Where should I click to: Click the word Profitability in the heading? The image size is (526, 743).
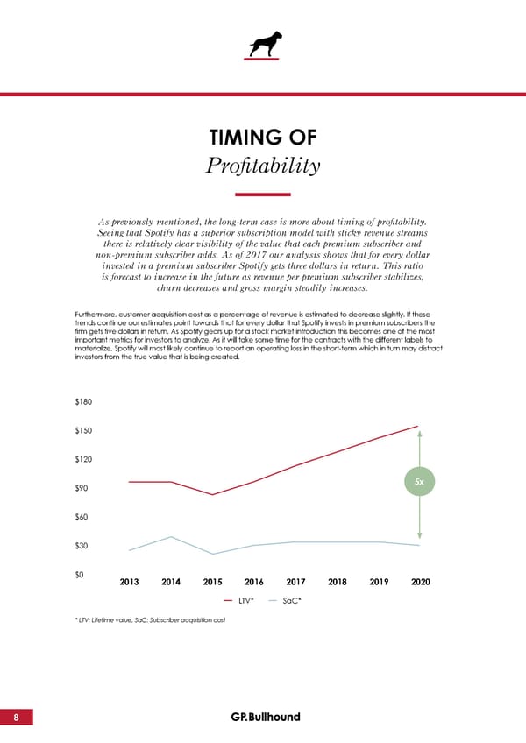tap(263, 166)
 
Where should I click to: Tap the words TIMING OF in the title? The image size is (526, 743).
tap(263, 138)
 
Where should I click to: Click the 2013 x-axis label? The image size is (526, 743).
tap(129, 582)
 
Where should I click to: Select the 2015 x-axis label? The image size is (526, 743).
tap(212, 582)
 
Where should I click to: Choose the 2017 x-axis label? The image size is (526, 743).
tap(295, 582)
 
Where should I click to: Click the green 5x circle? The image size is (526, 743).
tap(420, 482)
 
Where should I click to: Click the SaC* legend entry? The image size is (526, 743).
tap(283, 601)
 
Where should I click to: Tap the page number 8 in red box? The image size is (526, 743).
tap(17, 717)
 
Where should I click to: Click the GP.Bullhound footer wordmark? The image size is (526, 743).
tap(265, 717)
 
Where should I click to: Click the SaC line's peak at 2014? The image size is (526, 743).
tap(171, 536)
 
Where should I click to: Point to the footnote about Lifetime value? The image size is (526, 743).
tap(152, 619)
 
